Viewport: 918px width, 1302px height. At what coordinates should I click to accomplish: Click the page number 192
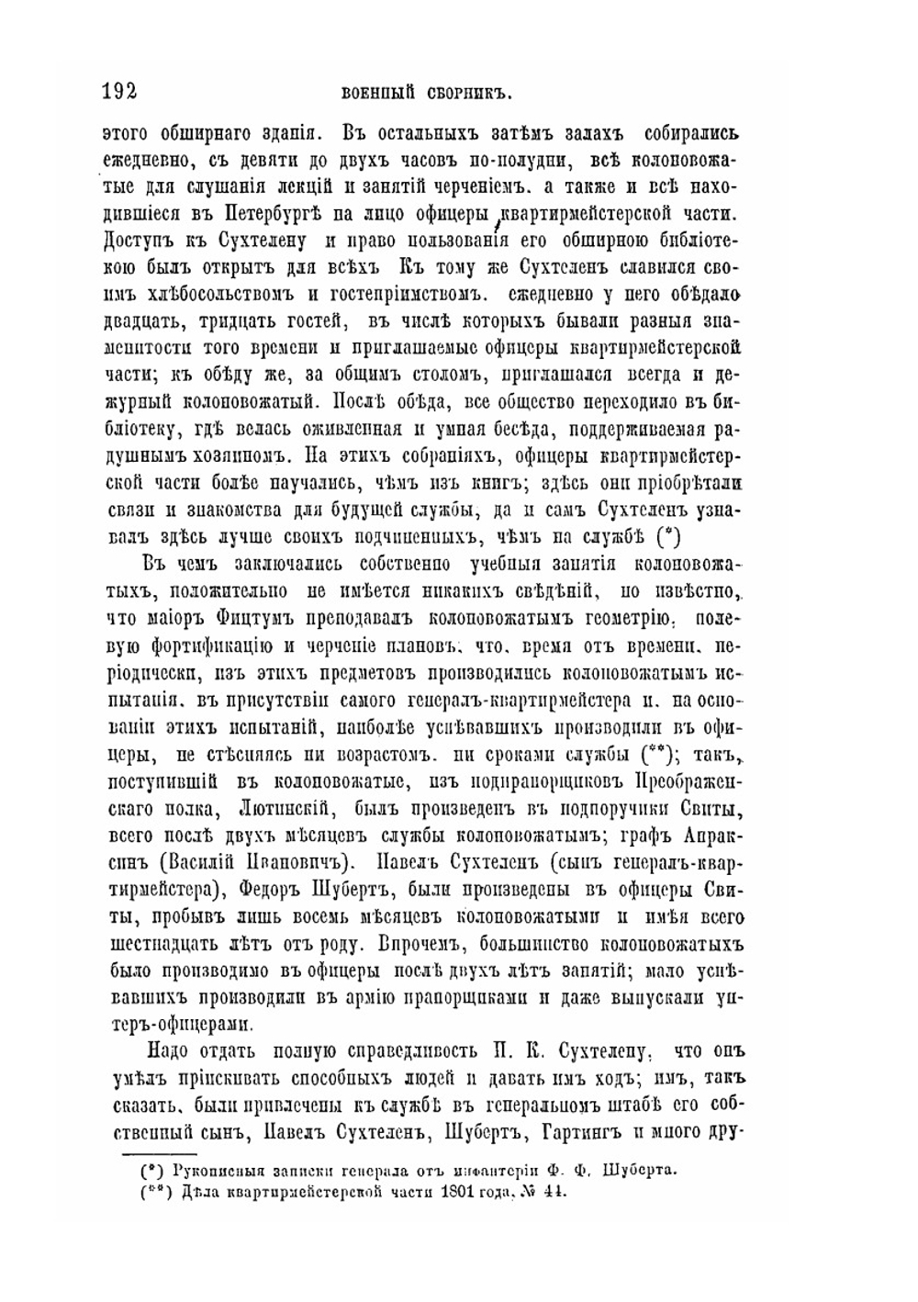[119, 90]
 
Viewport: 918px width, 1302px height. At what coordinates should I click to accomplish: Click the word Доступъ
[136, 243]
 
